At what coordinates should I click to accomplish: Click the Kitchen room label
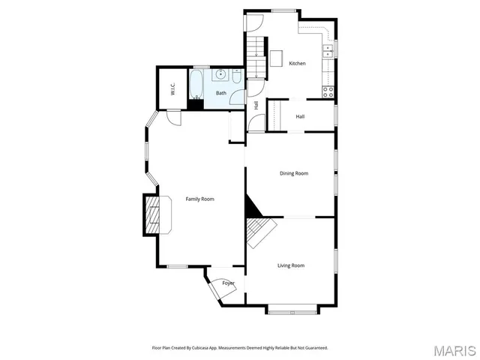coord(298,64)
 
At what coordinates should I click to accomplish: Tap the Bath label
coord(221,93)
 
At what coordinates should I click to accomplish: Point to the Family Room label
coord(200,199)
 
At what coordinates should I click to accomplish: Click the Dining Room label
coord(294,173)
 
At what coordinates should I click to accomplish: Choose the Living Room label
coord(291,265)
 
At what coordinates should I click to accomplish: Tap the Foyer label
coord(228,283)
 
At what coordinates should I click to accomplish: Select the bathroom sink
coord(221,74)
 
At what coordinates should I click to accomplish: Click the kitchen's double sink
coord(328,51)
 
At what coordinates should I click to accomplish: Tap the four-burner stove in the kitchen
coord(328,91)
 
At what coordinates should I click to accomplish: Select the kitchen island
coord(276,58)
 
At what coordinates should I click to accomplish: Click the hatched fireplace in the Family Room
coord(152,216)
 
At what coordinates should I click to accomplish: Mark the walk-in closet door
coord(174,117)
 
